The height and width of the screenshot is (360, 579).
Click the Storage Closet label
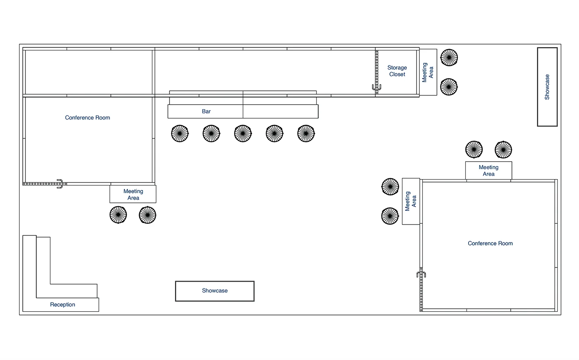point(397,71)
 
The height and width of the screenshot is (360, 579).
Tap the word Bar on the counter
point(206,111)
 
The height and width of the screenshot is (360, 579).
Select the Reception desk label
point(62,305)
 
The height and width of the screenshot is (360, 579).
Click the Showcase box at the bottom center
point(215,291)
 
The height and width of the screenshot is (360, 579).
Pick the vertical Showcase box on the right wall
point(547,87)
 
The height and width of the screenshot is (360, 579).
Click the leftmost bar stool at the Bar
point(180,133)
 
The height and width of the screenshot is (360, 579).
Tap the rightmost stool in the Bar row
point(306,133)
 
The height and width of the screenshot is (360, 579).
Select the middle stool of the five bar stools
point(243,133)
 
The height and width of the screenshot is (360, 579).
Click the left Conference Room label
point(87,117)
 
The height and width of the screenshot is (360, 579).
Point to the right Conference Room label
point(490,243)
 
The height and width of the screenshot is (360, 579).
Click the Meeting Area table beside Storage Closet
point(428,72)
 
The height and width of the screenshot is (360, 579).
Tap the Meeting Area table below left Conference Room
point(133,194)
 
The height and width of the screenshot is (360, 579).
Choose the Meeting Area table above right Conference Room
point(488,170)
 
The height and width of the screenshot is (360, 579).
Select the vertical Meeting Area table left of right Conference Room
point(411,201)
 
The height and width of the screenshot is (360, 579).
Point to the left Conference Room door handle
point(60,184)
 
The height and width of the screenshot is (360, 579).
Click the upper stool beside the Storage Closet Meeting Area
point(449,57)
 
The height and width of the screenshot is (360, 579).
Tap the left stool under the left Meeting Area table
point(118,215)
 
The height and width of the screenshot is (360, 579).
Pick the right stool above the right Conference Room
point(503,150)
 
